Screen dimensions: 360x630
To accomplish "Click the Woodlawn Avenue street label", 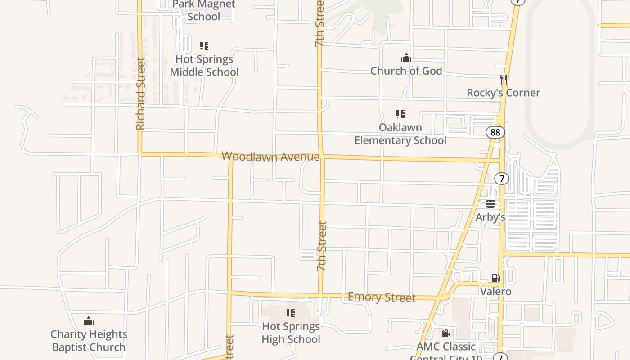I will click(270, 157).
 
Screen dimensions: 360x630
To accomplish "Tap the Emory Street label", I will click(382, 297).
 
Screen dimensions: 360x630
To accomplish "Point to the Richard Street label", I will click(141, 94).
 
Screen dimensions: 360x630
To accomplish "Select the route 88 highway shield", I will click(495, 132).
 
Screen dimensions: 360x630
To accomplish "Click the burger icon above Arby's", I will click(490, 204).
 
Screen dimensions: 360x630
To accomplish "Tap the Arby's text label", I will click(490, 217).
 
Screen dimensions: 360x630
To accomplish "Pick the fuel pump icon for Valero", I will click(495, 279).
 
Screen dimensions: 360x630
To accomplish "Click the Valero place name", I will click(495, 292).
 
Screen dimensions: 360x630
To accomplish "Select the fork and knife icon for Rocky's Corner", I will click(504, 80).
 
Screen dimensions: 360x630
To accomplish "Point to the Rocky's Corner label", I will click(503, 93).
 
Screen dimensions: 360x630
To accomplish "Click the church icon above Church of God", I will click(406, 58).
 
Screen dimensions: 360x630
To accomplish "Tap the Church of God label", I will click(406, 71).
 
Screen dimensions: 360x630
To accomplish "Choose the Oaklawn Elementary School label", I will click(400, 134).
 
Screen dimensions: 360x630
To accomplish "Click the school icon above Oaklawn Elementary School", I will click(400, 114).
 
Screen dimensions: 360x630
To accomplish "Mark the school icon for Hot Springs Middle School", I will click(204, 46).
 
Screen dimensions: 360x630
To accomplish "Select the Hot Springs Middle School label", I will click(204, 66).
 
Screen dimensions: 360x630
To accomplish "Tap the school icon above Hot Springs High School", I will click(291, 313).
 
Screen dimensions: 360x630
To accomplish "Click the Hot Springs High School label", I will click(291, 333).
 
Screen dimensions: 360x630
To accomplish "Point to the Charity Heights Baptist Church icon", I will click(89, 321).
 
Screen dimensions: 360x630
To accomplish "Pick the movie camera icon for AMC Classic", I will click(445, 333).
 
